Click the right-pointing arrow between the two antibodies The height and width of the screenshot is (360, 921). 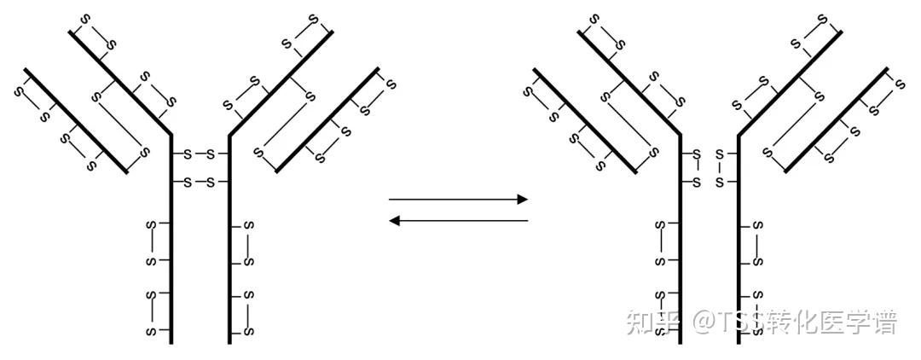(x=458, y=200)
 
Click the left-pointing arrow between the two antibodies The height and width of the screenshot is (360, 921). (x=458, y=221)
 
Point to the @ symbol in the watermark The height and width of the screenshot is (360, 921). (x=703, y=323)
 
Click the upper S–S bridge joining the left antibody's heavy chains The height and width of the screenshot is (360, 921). (x=200, y=154)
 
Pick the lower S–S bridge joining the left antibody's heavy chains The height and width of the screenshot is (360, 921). (x=200, y=183)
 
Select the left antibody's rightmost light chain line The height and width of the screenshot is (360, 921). (x=328, y=119)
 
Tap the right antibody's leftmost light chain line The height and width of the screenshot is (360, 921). (x=585, y=119)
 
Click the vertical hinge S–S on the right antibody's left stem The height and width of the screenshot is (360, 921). (x=697, y=168)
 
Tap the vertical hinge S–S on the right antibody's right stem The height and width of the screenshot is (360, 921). (x=720, y=168)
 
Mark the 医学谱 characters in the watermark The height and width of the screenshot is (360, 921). (x=861, y=323)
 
